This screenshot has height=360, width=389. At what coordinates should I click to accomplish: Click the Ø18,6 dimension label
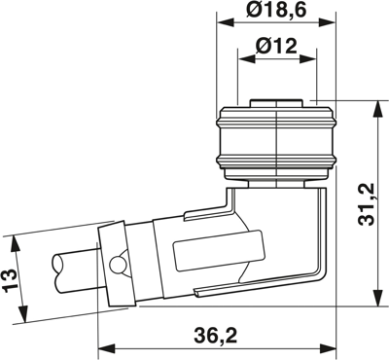pyautogui.click(x=276, y=10)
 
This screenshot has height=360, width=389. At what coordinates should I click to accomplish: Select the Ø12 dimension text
pyautogui.click(x=276, y=47)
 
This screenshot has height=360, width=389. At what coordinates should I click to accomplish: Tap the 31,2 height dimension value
pyautogui.click(x=367, y=204)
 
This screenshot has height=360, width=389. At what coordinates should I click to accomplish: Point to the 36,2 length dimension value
pyautogui.click(x=216, y=336)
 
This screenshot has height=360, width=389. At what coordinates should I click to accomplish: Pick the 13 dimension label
pyautogui.click(x=10, y=280)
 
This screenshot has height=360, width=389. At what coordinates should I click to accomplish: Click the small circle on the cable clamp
pyautogui.click(x=117, y=266)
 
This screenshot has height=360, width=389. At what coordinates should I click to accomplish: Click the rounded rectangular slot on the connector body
pyautogui.click(x=220, y=250)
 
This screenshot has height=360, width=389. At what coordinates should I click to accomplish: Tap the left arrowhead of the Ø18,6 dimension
pyautogui.click(x=225, y=22)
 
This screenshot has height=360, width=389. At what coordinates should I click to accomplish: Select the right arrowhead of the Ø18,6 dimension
pyautogui.click(x=328, y=22)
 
